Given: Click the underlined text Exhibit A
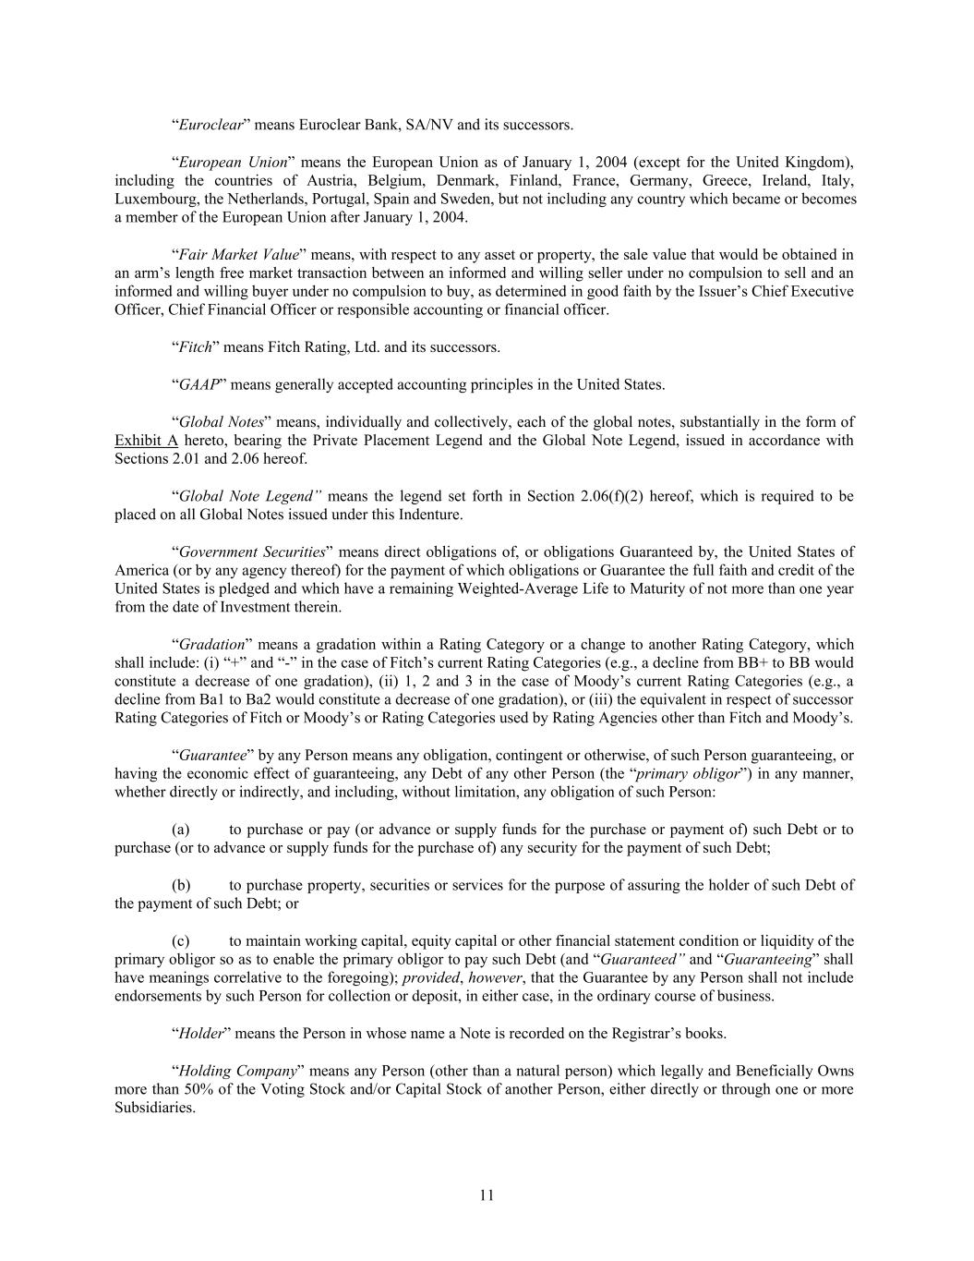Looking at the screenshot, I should [x=146, y=441].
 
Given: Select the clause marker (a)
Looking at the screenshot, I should [x=181, y=830].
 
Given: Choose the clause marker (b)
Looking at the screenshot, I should [x=181, y=885].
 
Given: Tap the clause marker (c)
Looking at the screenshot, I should [x=181, y=941].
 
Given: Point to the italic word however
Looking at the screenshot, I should [x=495, y=978].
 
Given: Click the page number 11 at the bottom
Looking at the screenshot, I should [x=487, y=1195].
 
